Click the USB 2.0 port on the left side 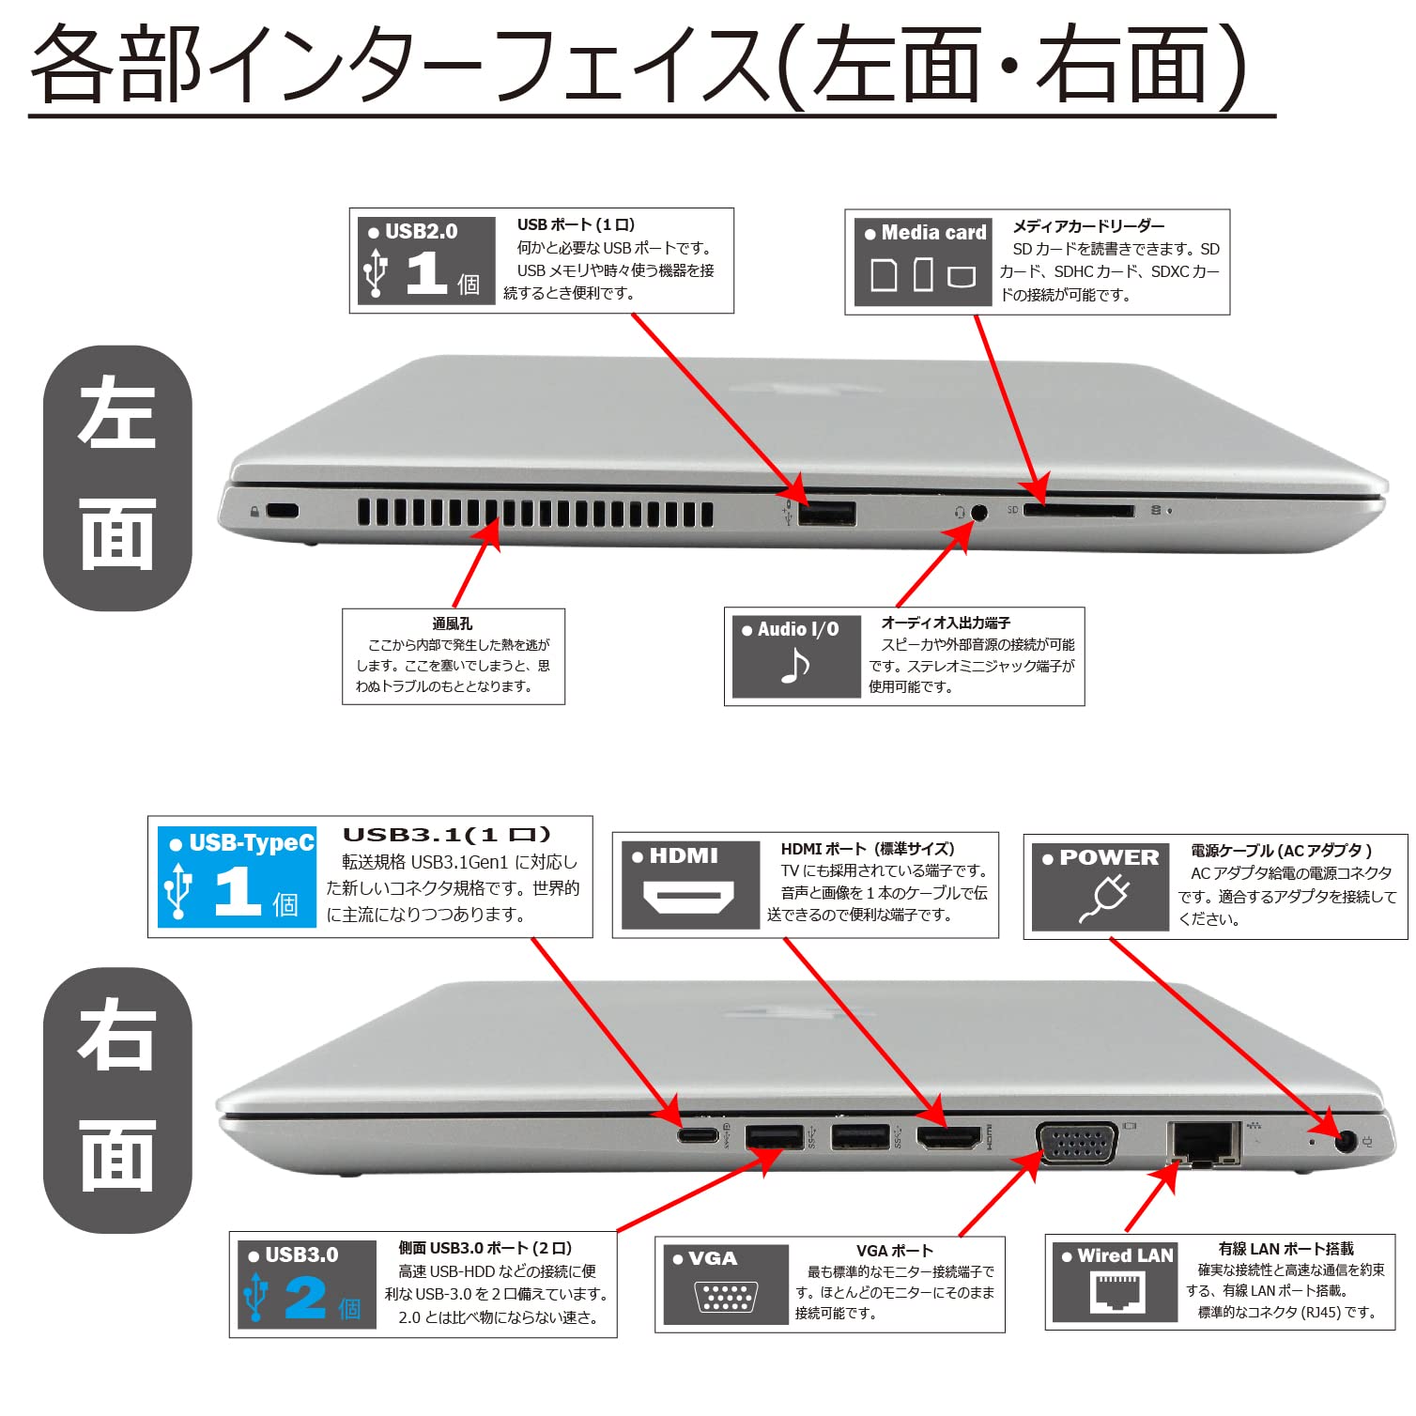click(x=826, y=513)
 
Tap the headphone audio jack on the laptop click(x=979, y=513)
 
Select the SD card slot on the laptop click(x=1078, y=510)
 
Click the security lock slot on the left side click(x=282, y=511)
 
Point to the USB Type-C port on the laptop click(x=698, y=1135)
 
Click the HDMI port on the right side click(x=948, y=1137)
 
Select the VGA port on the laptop click(x=1077, y=1143)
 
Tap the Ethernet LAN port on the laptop click(x=1203, y=1142)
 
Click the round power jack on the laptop click(x=1345, y=1142)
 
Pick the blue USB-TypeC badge click(x=237, y=876)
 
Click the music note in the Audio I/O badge click(x=795, y=667)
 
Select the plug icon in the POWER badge click(x=1104, y=899)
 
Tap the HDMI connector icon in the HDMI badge click(x=688, y=898)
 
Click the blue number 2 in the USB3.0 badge click(x=304, y=1299)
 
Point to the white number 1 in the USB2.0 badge click(x=425, y=275)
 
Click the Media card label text click(x=932, y=233)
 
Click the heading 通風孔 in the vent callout click(x=452, y=623)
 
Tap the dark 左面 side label click(x=117, y=478)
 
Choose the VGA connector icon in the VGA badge click(x=726, y=1298)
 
